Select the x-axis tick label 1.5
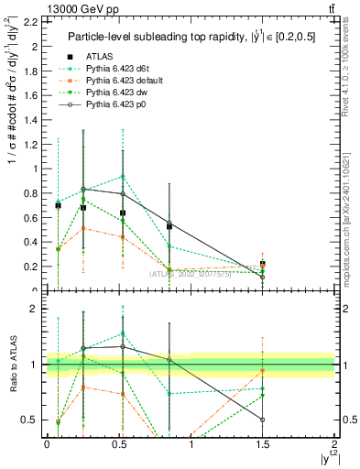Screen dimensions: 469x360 click(263, 443)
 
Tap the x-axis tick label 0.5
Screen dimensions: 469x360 click(119, 443)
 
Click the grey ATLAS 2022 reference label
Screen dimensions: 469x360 click(191, 273)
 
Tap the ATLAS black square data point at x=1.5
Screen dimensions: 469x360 click(263, 264)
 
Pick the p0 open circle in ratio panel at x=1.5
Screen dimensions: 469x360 click(263, 420)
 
